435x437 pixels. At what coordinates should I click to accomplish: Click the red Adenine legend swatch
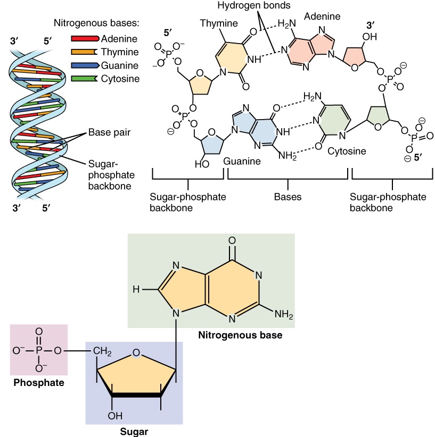[84, 39]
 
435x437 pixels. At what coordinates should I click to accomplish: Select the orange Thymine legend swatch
[84, 52]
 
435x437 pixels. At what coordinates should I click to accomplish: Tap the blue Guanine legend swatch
[84, 65]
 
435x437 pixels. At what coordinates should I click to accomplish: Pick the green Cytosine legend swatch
[84, 79]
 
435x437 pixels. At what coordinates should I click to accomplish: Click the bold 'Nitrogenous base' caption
[240, 335]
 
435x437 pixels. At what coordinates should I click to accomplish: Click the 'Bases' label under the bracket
[288, 197]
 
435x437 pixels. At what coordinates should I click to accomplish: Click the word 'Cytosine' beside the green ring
[347, 151]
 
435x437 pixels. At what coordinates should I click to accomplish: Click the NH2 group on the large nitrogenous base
[284, 314]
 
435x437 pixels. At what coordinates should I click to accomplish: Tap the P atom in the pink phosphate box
[39, 351]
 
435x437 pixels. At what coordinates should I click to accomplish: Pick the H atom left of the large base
[136, 290]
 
